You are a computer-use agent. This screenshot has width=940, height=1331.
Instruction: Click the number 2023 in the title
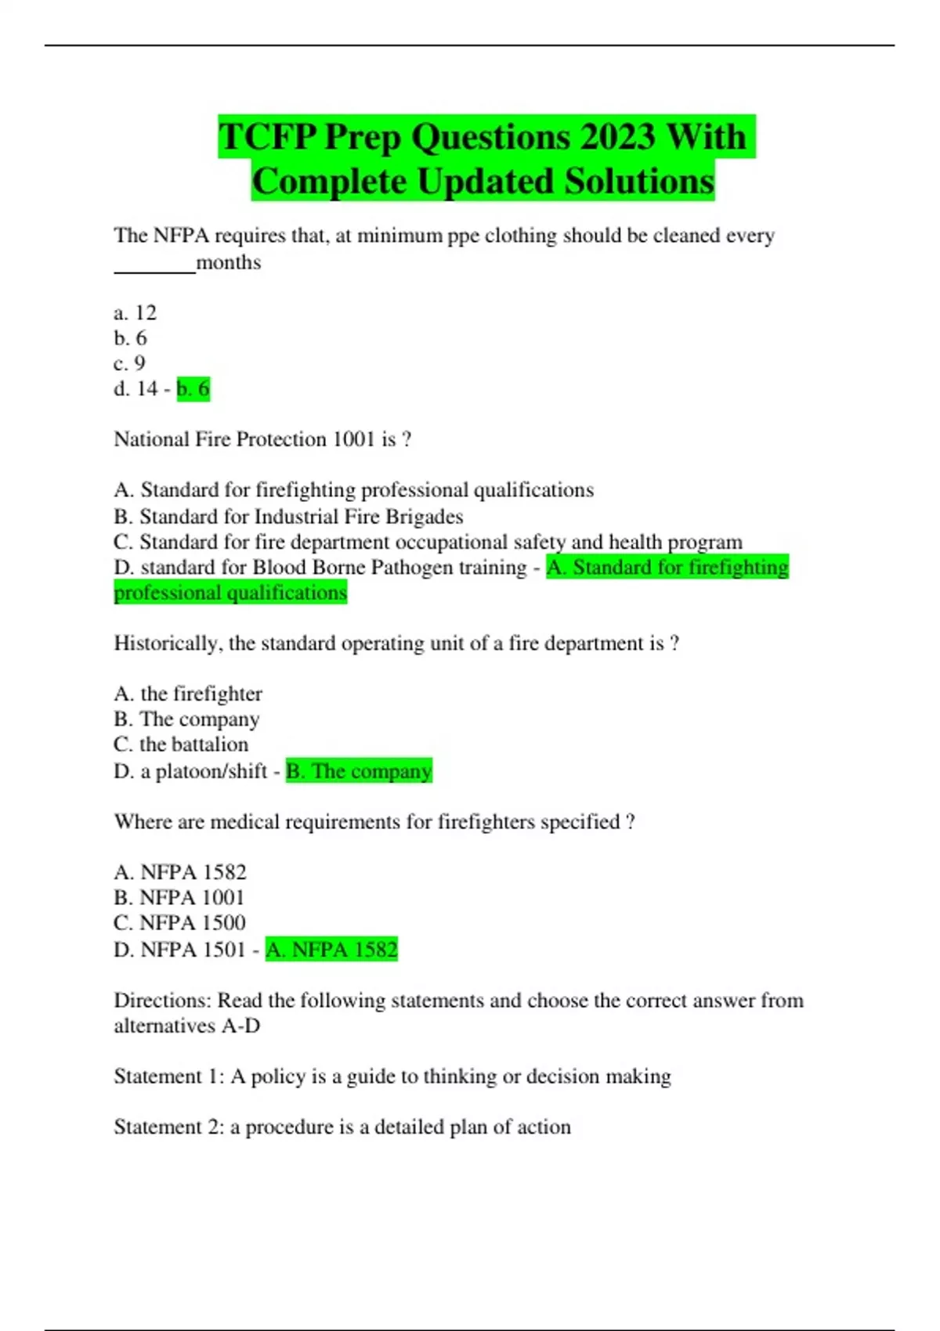tap(617, 137)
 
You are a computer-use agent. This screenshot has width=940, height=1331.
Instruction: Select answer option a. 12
tap(136, 313)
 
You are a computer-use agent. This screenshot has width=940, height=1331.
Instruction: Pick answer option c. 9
tap(130, 363)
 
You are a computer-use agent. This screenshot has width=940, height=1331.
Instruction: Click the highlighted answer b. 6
tap(193, 389)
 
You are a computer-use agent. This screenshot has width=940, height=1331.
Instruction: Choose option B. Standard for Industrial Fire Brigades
tap(288, 517)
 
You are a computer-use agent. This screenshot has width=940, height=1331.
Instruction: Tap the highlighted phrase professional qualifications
tap(230, 593)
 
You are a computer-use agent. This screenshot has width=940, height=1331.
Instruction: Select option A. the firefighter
tap(188, 694)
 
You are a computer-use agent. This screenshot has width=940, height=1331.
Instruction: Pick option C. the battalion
tap(181, 745)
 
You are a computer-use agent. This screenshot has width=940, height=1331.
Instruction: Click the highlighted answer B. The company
tap(359, 771)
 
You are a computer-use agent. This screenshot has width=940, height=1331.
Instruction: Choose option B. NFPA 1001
tap(179, 897)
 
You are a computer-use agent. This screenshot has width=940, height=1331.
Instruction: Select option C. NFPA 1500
tap(179, 923)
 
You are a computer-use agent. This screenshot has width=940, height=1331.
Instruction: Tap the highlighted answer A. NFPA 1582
tap(331, 950)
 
